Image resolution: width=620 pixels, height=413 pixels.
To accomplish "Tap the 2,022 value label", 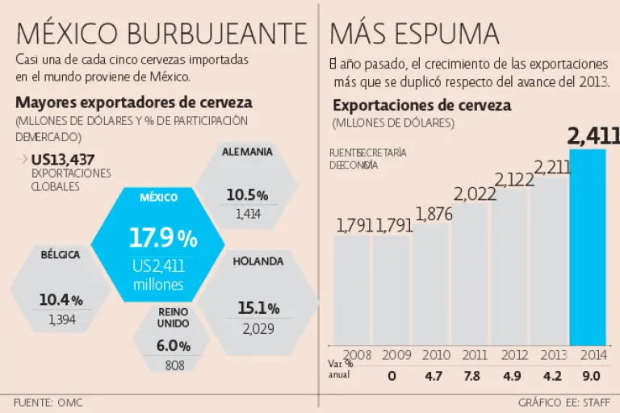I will click(475, 194).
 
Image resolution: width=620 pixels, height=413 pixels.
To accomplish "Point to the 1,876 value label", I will click(434, 214).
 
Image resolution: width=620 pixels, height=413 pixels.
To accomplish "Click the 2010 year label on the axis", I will click(435, 354).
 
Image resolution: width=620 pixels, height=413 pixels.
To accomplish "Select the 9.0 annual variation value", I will click(590, 375).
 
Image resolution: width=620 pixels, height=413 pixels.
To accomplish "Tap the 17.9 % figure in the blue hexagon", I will click(163, 239).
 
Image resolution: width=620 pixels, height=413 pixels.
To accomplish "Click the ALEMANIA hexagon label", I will click(247, 151).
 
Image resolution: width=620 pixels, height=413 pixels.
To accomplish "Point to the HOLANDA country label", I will click(258, 261).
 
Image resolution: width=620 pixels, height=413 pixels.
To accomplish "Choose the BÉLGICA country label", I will click(61, 255).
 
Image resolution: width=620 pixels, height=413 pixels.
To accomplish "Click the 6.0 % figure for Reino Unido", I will click(174, 346).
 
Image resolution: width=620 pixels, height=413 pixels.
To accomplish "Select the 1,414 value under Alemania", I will click(249, 214).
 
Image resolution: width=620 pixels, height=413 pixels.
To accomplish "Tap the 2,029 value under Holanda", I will click(258, 328).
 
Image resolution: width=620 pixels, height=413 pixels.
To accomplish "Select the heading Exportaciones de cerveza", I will click(421, 106).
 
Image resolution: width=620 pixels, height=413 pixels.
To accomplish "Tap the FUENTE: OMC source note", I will click(48, 402).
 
